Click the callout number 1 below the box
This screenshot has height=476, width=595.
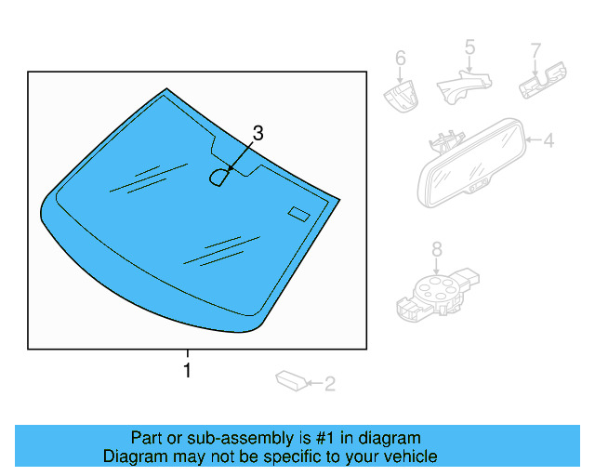(188, 370)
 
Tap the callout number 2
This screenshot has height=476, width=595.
(329, 382)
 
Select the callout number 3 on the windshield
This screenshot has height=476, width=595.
(258, 133)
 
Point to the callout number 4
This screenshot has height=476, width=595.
(548, 141)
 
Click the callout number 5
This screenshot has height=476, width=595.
(469, 46)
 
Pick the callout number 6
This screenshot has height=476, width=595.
(401, 59)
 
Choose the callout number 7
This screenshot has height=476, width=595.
(535, 49)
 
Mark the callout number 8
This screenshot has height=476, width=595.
(436, 248)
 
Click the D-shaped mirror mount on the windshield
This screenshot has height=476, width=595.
(220, 176)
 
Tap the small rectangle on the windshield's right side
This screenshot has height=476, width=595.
(298, 214)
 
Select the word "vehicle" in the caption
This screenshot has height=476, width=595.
(408, 456)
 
